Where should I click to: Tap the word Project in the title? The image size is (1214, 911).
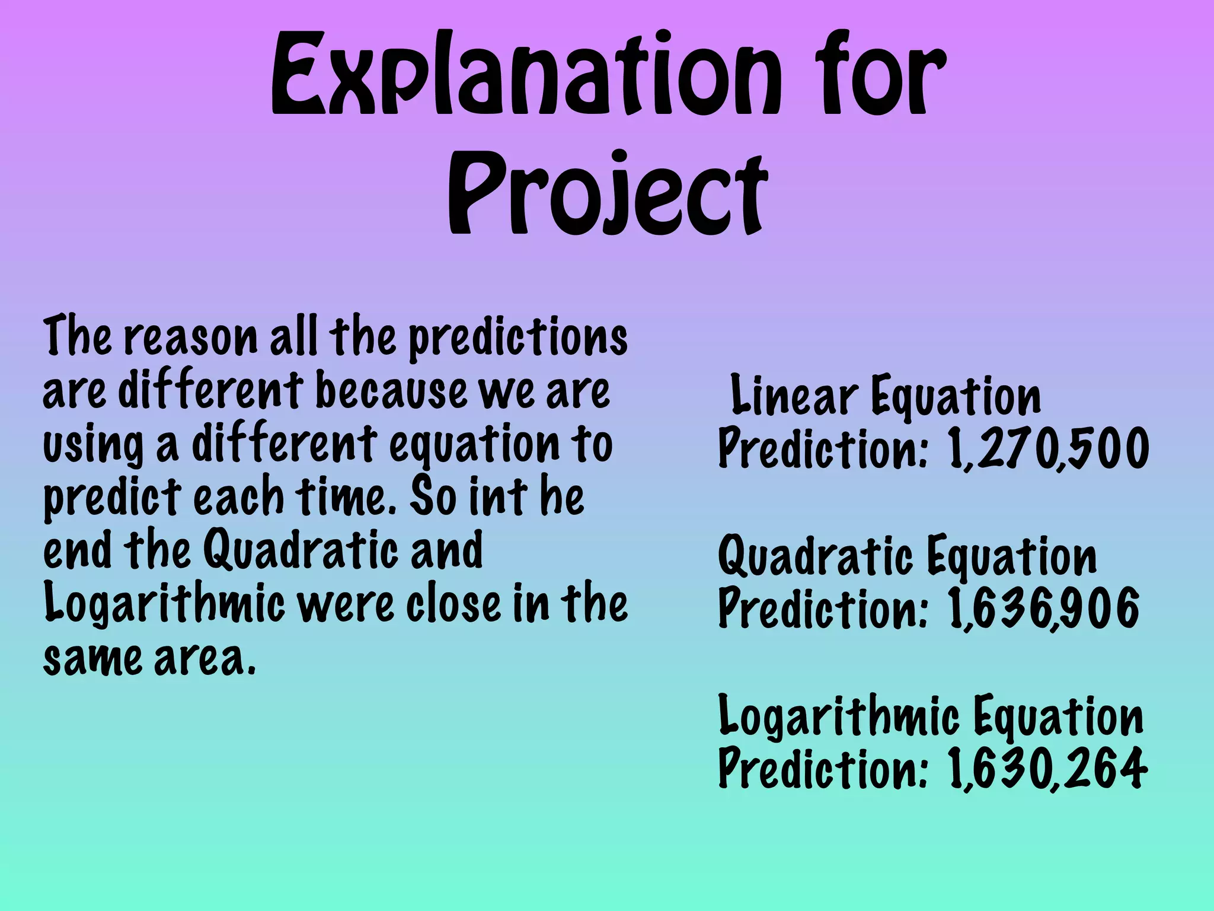(607, 193)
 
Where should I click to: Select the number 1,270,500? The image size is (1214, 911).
(1048, 449)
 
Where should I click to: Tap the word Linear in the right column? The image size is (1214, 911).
(794, 396)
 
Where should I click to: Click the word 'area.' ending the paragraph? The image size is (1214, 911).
(205, 658)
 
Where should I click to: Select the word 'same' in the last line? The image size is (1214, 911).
(92, 658)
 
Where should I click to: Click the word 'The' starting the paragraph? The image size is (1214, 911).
(77, 336)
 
